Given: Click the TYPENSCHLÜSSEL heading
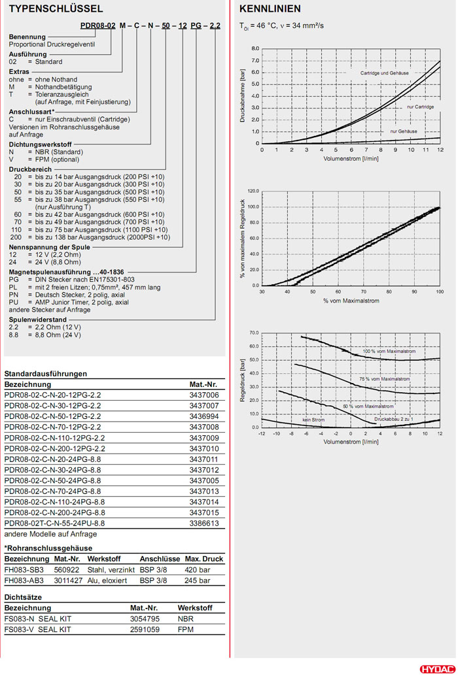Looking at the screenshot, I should click(x=55, y=9).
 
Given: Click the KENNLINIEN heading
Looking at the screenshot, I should click(x=270, y=9).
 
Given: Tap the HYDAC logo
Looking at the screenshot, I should click(x=435, y=669).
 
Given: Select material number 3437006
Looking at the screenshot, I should click(x=205, y=395).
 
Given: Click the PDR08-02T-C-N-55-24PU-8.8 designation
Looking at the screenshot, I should click(x=54, y=523).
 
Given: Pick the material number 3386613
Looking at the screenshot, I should click(x=205, y=523).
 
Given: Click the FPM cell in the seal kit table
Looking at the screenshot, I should click(x=186, y=629).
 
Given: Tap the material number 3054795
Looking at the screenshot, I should click(x=145, y=618).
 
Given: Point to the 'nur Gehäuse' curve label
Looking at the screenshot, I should click(x=404, y=131).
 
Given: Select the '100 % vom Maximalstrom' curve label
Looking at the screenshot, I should click(x=390, y=352).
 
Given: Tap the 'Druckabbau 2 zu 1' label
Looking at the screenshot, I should click(x=395, y=419).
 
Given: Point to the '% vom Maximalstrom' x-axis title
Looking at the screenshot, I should click(x=350, y=300).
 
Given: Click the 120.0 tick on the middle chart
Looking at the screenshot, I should click(x=251, y=191).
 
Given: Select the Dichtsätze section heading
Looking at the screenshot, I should click(x=24, y=597).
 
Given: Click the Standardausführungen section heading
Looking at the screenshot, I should click(x=46, y=374).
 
